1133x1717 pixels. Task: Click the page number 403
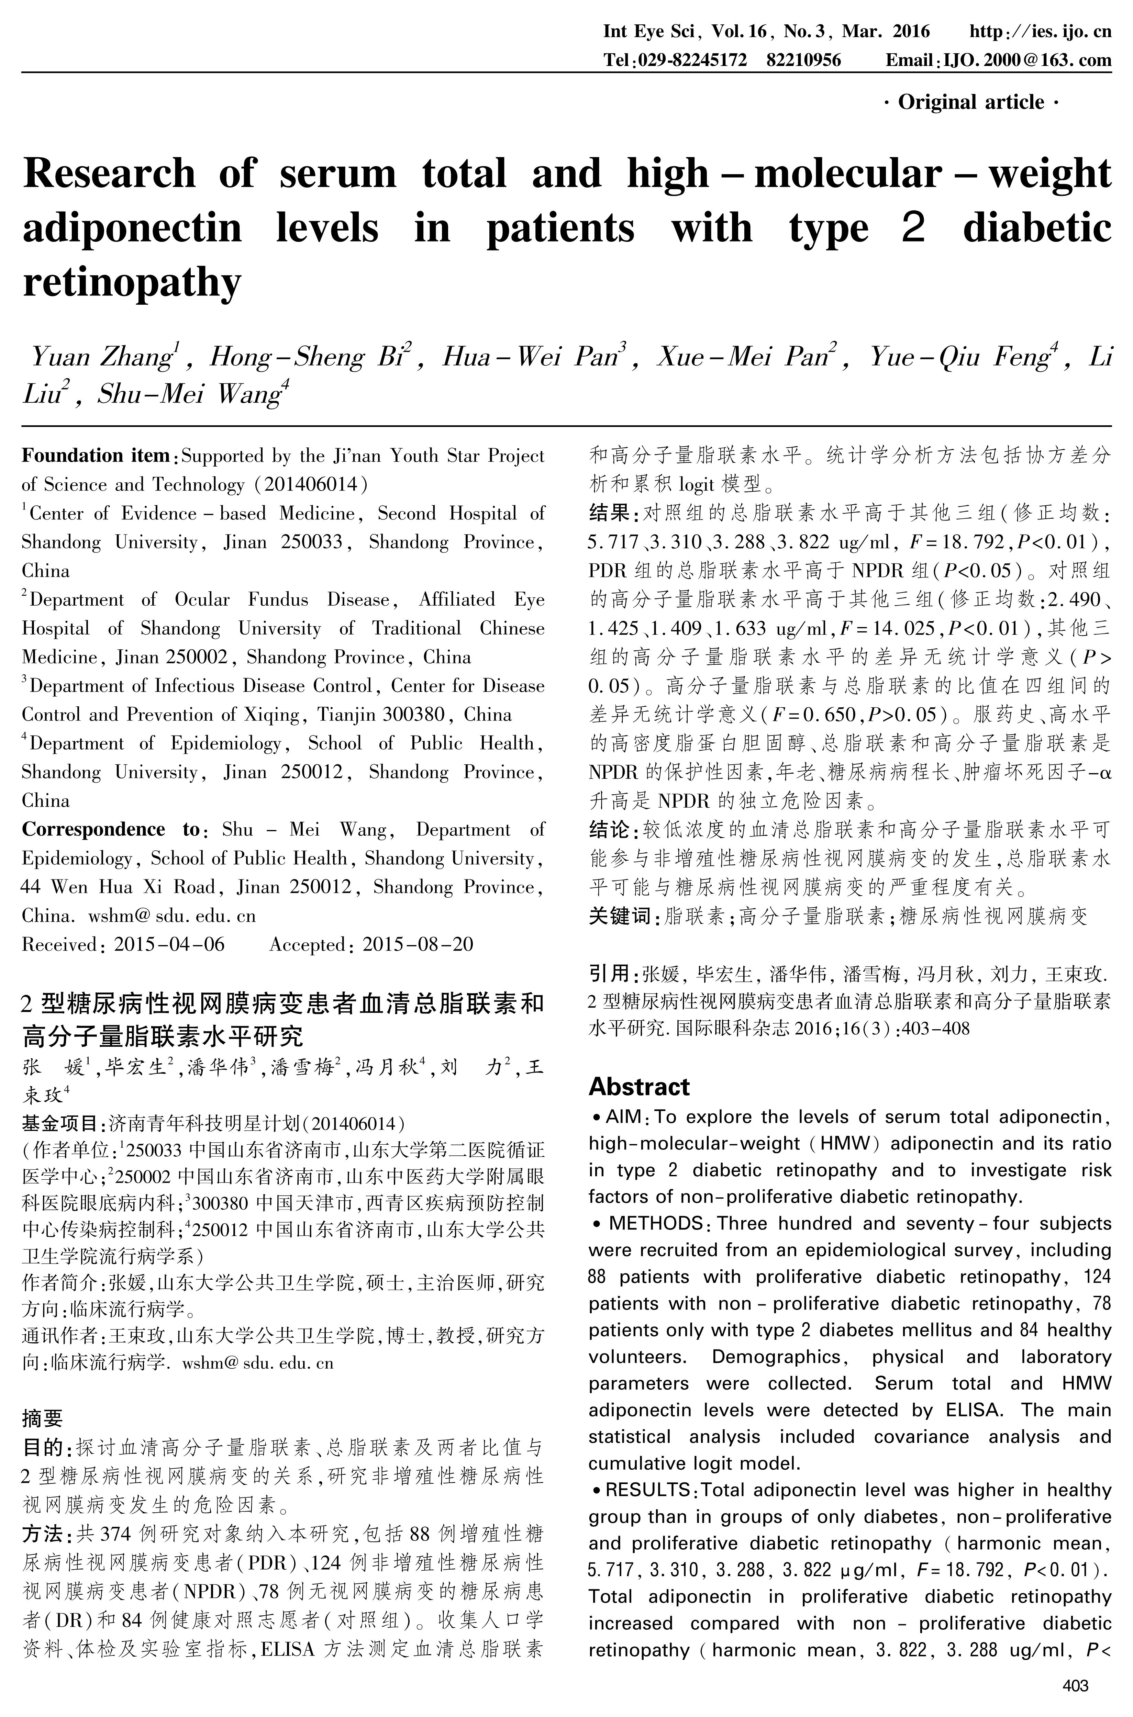click(1076, 1686)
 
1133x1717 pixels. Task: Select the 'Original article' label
click(971, 103)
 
